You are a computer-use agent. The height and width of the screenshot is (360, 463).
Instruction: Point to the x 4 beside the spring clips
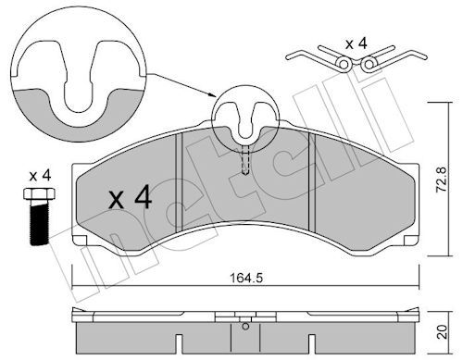tap(357, 43)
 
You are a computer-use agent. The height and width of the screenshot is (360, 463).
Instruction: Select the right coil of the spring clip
tap(369, 63)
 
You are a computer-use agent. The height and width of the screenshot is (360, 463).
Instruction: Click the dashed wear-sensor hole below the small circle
tap(244, 161)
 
